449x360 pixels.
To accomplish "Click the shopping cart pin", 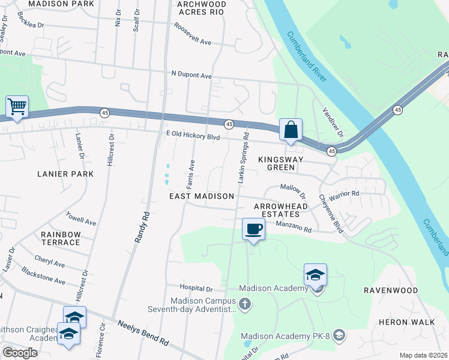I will tap(17, 107).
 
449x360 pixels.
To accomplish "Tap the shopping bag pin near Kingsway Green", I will tap(291, 130).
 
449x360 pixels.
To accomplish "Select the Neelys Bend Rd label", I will tap(143, 331).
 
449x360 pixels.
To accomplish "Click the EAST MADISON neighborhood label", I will tap(201, 196).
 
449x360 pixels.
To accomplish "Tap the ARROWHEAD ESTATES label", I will tap(277, 209).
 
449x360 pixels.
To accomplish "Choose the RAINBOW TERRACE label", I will tap(61, 238).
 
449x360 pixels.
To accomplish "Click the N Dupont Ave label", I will tap(191, 76).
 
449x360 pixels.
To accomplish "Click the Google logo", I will tap(20, 353).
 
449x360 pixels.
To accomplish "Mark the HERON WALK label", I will tap(406, 322).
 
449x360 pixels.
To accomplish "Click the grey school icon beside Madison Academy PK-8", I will tap(339, 334).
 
